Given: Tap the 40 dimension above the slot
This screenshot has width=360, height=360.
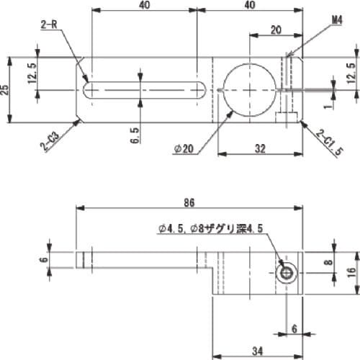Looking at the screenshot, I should (145, 6).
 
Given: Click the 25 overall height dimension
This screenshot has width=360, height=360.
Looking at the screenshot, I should (6, 89).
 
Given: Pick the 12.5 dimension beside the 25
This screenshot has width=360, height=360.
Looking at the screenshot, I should (31, 72).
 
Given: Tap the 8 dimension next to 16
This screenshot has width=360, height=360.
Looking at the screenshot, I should (329, 263).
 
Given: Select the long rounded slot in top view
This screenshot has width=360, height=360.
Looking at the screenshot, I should (145, 90).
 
